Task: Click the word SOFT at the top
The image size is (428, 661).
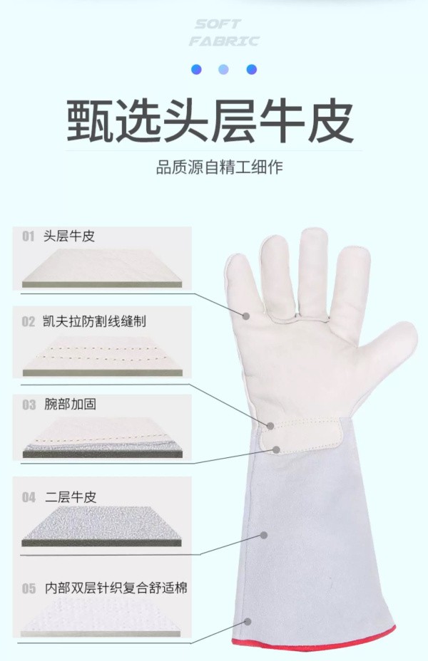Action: tap(218, 24)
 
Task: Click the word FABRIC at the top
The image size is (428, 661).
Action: tap(224, 41)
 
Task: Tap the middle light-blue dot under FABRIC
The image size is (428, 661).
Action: tap(224, 69)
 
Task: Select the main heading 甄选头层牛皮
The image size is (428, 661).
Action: tap(210, 120)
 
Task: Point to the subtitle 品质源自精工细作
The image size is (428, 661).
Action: tap(220, 167)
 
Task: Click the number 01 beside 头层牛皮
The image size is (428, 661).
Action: tap(29, 236)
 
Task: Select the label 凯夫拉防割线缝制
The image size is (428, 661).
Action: tap(95, 321)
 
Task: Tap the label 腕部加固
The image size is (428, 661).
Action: tap(70, 404)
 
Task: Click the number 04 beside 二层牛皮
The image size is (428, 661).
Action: tap(29, 497)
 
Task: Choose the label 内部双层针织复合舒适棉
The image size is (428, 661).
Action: tap(116, 588)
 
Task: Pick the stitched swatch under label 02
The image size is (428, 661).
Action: tap(102, 355)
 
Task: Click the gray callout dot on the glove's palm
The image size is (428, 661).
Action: tap(246, 316)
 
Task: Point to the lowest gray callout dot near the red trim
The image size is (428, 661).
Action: tap(248, 621)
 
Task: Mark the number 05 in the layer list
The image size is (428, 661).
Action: tap(29, 588)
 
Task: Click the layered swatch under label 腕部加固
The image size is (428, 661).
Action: tap(102, 439)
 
